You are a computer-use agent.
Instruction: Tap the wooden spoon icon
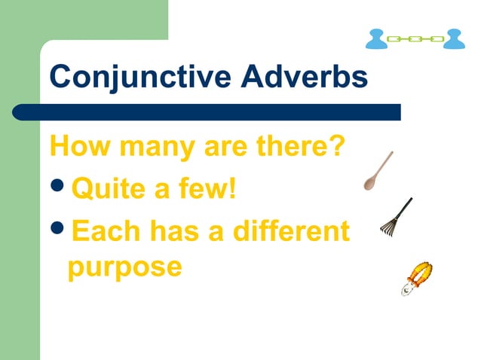coord(378,171)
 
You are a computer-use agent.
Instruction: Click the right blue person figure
coord(454,38)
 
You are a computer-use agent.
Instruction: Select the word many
coord(151,145)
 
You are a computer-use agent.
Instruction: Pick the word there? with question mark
coord(296,145)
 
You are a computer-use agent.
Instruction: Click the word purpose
coord(124,267)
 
